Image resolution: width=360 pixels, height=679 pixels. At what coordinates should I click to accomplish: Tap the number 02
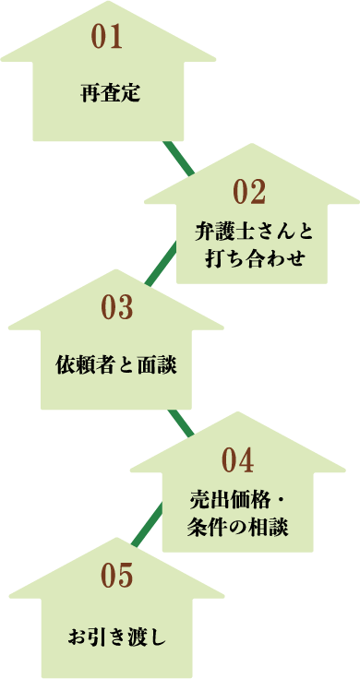[250, 193]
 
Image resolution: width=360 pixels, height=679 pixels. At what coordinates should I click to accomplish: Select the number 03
[117, 307]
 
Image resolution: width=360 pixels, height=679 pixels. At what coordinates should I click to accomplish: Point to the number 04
[237, 459]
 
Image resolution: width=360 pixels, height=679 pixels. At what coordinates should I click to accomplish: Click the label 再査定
[110, 92]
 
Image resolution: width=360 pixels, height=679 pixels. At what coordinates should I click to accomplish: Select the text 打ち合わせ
[250, 256]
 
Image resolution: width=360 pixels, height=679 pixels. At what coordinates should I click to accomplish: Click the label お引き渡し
[116, 636]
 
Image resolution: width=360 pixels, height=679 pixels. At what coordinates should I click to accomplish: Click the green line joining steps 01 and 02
[179, 159]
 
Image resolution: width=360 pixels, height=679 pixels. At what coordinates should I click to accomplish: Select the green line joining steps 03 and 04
[181, 423]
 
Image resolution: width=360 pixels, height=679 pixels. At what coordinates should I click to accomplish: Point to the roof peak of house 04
[237, 413]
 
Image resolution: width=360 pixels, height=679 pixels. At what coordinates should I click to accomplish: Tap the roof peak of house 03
[115, 270]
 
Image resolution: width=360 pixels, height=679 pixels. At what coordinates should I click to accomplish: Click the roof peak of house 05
[116, 538]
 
